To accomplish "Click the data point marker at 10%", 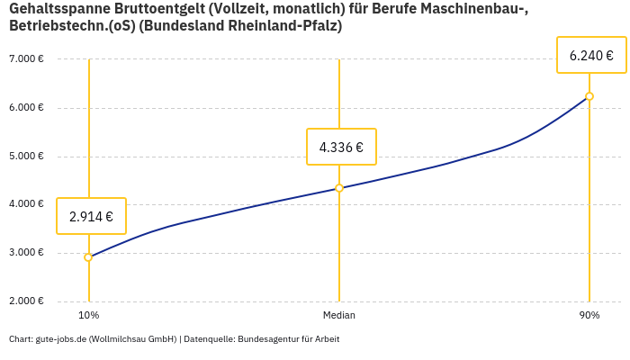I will click(88, 257).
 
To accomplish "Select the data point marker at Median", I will click(339, 188).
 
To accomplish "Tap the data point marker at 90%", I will click(589, 96).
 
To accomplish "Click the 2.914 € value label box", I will click(91, 216).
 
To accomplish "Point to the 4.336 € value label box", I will click(341, 147).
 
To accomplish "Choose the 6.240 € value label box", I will click(591, 55).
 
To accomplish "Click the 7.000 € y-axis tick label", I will click(26, 59).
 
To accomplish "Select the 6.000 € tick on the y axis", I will click(26, 108).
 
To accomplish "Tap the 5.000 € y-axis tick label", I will click(26, 157).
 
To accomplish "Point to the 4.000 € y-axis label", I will click(26, 204).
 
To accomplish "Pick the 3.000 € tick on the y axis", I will click(26, 253).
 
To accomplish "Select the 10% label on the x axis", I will click(88, 316).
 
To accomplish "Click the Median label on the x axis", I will click(339, 316).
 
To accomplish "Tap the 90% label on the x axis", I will click(589, 316).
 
